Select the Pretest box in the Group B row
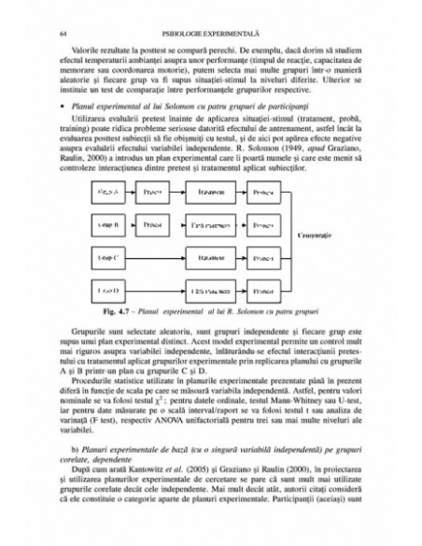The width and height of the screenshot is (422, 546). (153, 223)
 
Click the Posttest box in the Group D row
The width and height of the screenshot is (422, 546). (264, 285)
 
